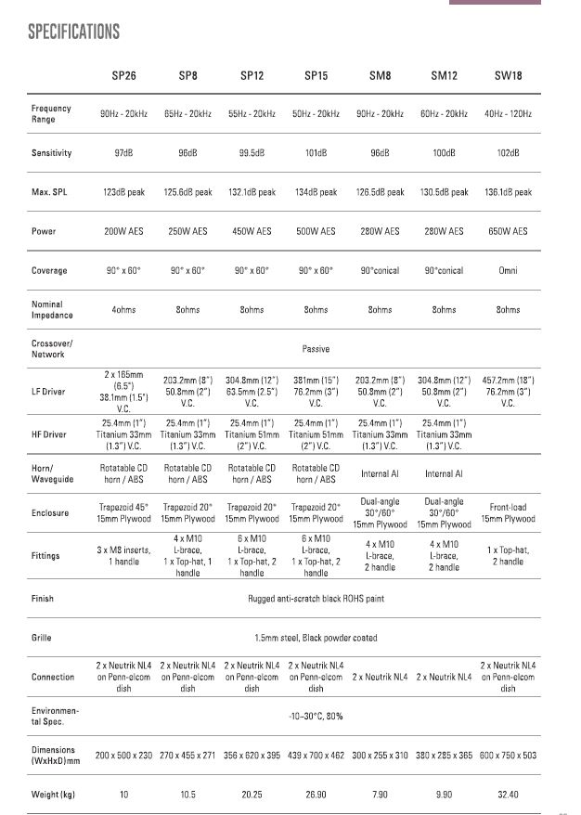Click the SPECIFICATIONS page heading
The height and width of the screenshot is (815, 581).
click(74, 32)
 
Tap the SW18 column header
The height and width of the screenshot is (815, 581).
click(508, 75)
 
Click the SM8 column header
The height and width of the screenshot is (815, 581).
click(380, 75)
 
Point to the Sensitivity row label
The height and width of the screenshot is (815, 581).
click(51, 153)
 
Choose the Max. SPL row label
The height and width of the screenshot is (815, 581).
click(52, 192)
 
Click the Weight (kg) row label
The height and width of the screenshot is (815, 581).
click(53, 795)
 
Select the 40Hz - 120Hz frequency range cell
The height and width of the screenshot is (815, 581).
click(508, 114)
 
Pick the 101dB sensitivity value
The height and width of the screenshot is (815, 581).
click(316, 153)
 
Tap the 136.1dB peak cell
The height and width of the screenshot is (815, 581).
click(508, 192)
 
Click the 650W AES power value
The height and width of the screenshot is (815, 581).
click(508, 231)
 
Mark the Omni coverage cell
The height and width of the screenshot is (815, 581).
click(508, 271)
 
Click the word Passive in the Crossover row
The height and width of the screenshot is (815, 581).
click(316, 349)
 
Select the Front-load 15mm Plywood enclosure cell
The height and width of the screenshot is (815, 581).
click(508, 513)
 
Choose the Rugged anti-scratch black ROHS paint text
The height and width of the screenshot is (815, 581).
click(316, 599)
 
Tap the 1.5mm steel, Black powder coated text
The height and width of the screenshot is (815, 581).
click(316, 638)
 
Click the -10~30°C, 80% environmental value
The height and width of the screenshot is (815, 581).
click(316, 716)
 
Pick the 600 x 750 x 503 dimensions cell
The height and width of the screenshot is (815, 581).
click(508, 756)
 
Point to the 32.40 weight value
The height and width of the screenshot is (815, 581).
click(508, 795)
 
